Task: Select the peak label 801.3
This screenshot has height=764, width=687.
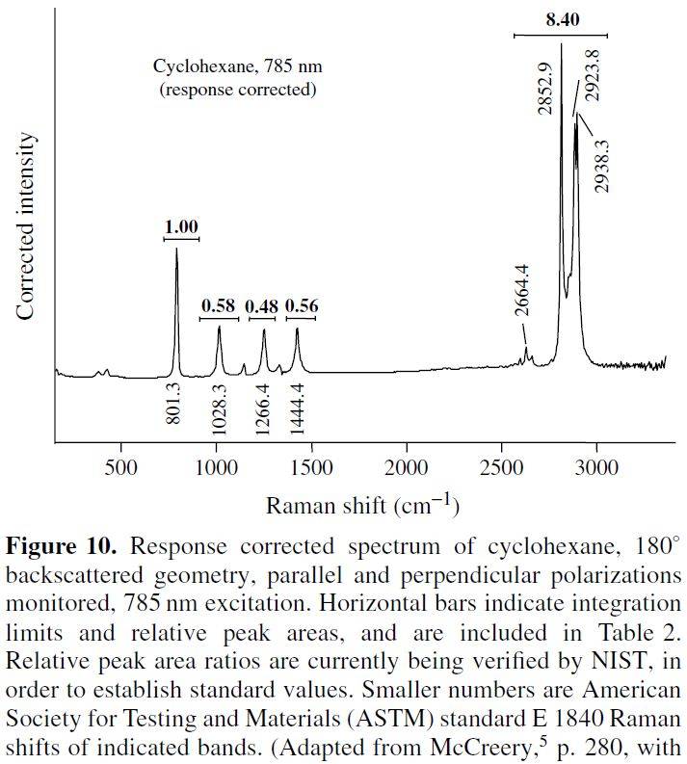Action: (x=175, y=405)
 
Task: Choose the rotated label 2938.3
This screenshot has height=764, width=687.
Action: (x=602, y=165)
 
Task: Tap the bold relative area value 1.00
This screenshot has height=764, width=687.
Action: (x=181, y=227)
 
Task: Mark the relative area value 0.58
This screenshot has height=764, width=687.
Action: (x=219, y=306)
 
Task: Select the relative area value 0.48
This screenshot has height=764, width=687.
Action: (x=260, y=306)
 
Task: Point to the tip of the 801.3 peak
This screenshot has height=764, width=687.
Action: (x=176, y=250)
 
